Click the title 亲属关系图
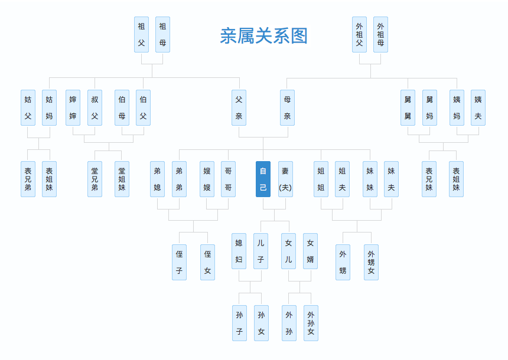coord(263,36)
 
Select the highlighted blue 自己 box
coord(263,179)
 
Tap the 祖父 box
coord(141,34)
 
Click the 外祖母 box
coord(380,34)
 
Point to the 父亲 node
coord(239,107)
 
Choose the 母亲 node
coord(287,107)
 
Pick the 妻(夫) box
coord(285,179)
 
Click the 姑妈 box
coord(49,107)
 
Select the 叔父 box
coord(95,107)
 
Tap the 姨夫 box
coord(478,107)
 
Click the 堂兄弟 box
coord(95,179)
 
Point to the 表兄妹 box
coord(429,179)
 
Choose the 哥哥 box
coord(228,179)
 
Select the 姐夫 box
coord(342,179)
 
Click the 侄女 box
coord(207,262)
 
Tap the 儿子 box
coord(260,251)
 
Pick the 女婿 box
coord(310,251)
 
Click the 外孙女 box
coord(311,323)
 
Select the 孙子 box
coord(239,323)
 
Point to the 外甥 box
coord(343,262)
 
